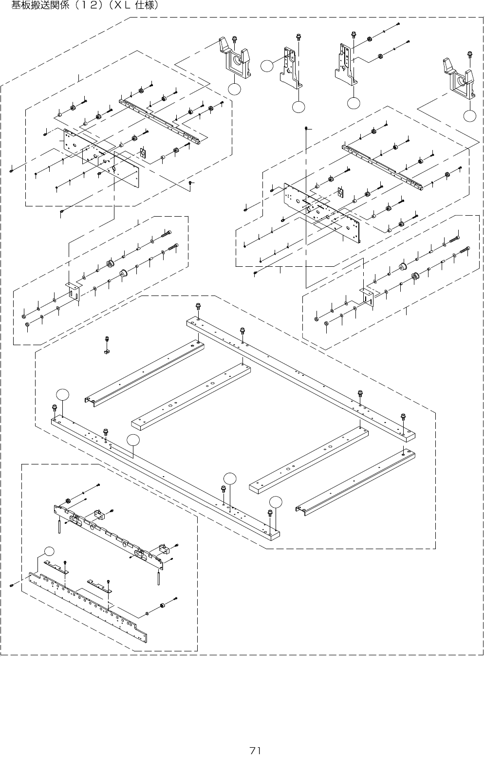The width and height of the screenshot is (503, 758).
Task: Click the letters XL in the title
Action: tap(119, 6)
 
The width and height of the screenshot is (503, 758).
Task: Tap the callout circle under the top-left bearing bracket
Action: tap(235, 89)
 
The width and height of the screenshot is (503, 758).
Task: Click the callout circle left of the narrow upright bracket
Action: tap(266, 66)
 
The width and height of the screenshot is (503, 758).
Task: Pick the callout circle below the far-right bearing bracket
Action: tap(469, 115)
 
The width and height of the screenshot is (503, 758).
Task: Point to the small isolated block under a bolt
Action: tap(106, 351)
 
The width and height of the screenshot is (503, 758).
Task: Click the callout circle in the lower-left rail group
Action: tap(49, 551)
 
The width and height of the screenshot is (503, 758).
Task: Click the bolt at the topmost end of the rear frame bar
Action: tap(198, 306)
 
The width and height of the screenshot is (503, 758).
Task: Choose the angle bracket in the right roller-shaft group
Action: tap(366, 295)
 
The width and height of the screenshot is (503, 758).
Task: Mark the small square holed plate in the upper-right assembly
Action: tap(340, 192)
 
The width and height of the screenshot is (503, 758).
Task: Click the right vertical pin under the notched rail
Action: tap(160, 576)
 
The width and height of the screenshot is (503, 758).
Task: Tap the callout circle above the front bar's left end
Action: tap(62, 394)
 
